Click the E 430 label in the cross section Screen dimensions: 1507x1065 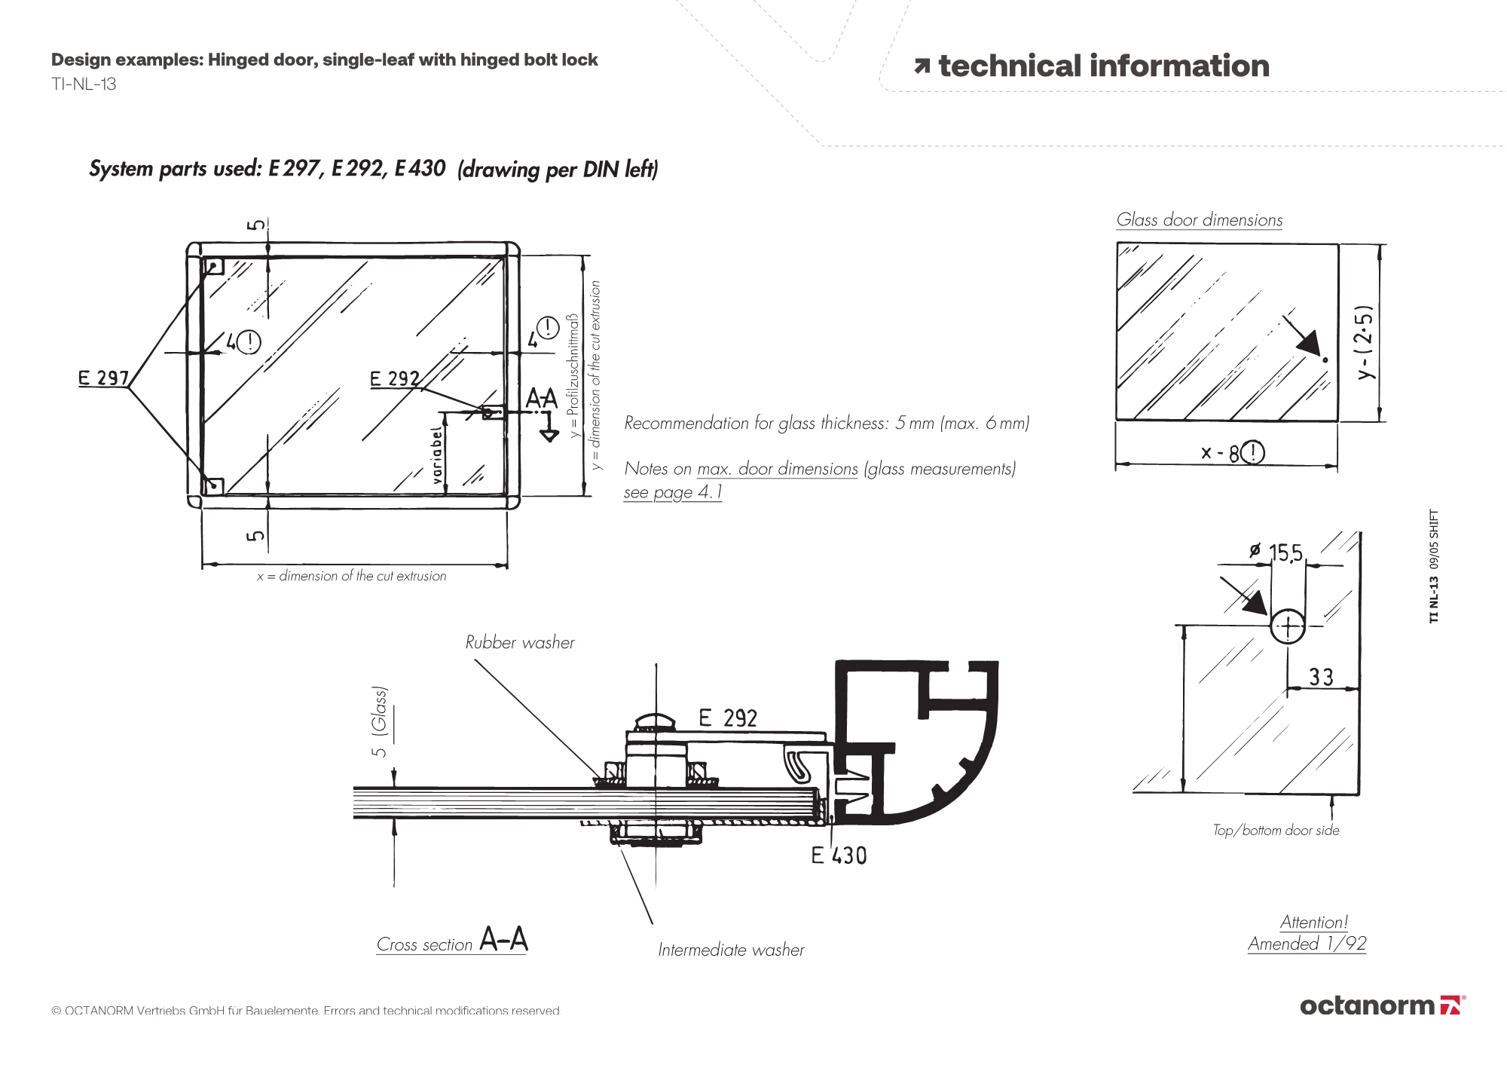pyautogui.click(x=839, y=855)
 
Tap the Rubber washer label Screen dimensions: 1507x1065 pyautogui.click(x=520, y=642)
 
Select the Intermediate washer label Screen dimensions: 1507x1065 pyautogui.click(x=731, y=950)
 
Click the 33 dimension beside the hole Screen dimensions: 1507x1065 pyautogui.click(x=1321, y=677)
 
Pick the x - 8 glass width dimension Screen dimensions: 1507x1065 pyautogui.click(x=1233, y=452)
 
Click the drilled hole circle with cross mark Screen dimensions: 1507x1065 pyautogui.click(x=1288, y=626)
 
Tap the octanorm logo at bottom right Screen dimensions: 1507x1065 pyautogui.click(x=1383, y=1005)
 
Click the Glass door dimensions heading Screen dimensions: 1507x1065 pyautogui.click(x=1200, y=220)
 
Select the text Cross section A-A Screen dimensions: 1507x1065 pyautogui.click(x=452, y=941)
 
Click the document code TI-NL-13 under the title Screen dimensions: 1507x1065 pyautogui.click(x=84, y=84)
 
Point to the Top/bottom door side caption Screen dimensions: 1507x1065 pyautogui.click(x=1276, y=830)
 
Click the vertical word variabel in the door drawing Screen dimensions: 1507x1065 pyautogui.click(x=436, y=455)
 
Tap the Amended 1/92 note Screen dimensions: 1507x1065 pyautogui.click(x=1307, y=944)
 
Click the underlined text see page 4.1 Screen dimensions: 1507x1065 pyautogui.click(x=673, y=492)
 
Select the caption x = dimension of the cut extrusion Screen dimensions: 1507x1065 pyautogui.click(x=351, y=576)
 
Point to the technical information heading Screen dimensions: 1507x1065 pyautogui.click(x=1092, y=66)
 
